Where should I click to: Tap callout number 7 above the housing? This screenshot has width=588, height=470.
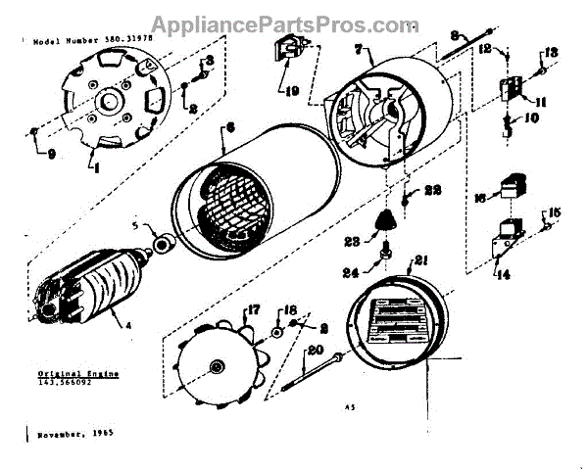point(360,48)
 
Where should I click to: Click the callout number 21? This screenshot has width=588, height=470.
point(422,260)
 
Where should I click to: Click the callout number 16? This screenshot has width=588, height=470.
point(480,196)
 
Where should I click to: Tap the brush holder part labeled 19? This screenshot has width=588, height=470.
point(286,57)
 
